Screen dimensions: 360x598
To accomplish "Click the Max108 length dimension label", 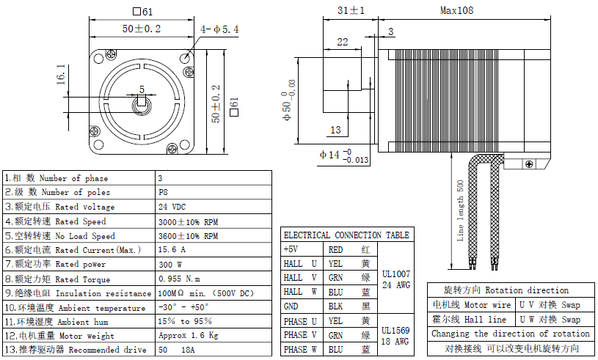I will point(456,10).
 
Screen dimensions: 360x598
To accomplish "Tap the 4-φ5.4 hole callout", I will point(219,29).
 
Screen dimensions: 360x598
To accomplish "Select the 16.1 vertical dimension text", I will point(62,74).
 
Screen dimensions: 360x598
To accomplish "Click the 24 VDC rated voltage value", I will point(172,207).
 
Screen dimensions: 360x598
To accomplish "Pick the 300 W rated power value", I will point(169,264).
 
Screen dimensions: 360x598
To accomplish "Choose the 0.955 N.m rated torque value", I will point(179,279).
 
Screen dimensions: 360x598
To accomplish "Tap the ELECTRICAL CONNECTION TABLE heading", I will point(346,235).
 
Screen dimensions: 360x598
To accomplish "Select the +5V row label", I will point(291,249).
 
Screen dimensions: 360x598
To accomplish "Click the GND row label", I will point(291,306).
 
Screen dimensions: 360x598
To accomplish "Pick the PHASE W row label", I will point(301,349).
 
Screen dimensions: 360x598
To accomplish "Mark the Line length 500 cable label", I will point(460,210).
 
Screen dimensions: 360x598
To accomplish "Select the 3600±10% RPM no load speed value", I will point(188,236).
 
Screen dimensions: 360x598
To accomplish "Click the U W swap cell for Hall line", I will point(550,320).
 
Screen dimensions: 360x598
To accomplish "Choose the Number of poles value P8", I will point(163,192).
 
